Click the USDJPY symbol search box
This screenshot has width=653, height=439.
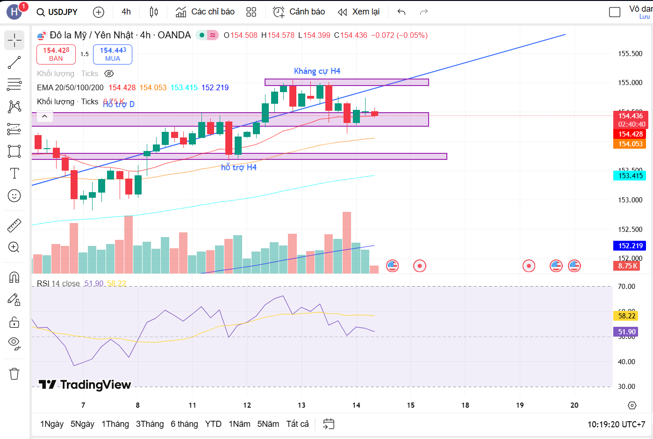[57, 12]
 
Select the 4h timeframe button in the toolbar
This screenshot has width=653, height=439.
[126, 12]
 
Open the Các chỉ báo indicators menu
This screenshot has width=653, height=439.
[205, 12]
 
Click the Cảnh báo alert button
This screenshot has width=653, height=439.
[299, 12]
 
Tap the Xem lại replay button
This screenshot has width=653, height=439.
[359, 12]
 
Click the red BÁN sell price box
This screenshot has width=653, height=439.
[56, 54]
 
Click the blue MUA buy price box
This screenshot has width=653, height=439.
[113, 54]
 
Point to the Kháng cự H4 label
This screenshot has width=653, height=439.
[317, 71]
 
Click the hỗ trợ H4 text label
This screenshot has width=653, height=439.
[239, 167]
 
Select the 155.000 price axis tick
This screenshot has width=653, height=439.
[630, 83]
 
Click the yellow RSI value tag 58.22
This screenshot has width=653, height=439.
[626, 316]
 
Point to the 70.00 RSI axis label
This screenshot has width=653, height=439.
[626, 287]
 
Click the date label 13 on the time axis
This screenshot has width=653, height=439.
[301, 405]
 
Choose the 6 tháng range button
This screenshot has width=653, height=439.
[184, 424]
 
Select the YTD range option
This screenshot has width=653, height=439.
[213, 424]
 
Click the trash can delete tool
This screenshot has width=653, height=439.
[14, 374]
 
